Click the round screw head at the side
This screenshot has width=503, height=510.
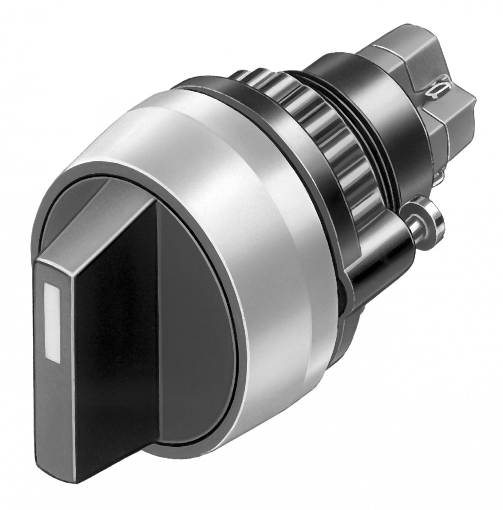click(430, 217)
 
